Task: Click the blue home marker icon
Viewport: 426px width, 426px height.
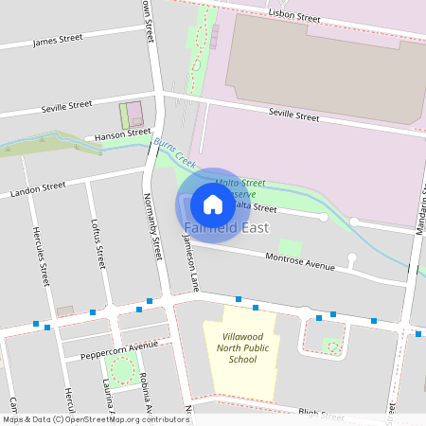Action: tap(213, 204)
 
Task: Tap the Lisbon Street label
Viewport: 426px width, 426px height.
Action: tap(294, 16)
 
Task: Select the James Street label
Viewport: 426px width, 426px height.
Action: tap(57, 41)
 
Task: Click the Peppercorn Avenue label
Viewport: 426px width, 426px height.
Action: tap(118, 346)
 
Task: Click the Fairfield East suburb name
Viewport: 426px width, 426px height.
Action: tap(227, 228)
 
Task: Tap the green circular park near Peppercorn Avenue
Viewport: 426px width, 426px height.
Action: tap(121, 371)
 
